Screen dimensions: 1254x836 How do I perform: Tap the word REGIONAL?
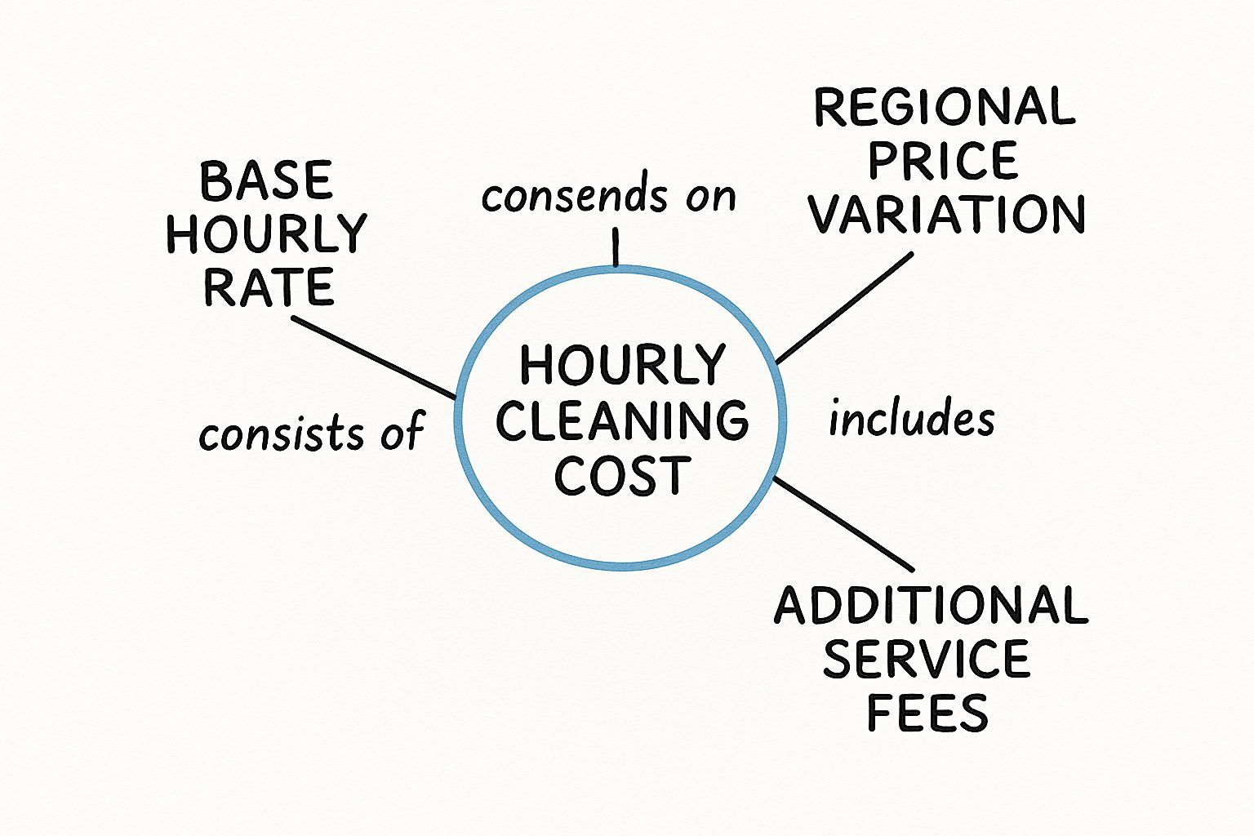[945, 108]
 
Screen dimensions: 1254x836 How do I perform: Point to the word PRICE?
[943, 161]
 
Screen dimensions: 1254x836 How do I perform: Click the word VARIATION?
[946, 215]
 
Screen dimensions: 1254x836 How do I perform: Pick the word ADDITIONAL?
[931, 606]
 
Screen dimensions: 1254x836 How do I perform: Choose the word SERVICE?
[926, 660]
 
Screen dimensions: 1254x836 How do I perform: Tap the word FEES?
[927, 713]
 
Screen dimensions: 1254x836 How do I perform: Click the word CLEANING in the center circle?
[622, 420]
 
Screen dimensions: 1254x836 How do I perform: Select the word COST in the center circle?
[622, 476]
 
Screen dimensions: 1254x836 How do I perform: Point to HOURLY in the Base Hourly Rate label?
[266, 233]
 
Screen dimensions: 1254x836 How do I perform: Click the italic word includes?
[911, 419]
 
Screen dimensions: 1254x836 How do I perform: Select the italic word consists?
[282, 434]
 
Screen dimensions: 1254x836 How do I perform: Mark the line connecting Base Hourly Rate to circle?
[374, 358]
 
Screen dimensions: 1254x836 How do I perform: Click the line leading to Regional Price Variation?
[843, 308]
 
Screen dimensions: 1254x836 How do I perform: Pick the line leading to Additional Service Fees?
[843, 523]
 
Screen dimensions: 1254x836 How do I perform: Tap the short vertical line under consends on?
[616, 247]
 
